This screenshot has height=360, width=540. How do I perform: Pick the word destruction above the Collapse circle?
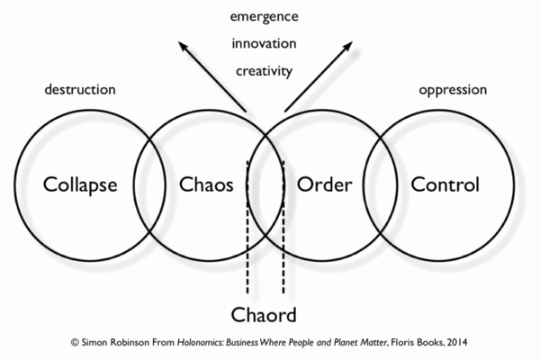point(80,91)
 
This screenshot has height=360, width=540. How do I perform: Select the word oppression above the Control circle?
point(454,91)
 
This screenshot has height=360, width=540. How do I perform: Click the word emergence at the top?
point(265,17)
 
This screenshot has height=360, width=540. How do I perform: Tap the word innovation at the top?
point(265,43)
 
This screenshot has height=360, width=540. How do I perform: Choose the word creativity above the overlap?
point(265,69)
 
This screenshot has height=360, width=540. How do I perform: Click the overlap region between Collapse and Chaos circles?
point(149,185)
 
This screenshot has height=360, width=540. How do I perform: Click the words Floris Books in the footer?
point(409,343)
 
